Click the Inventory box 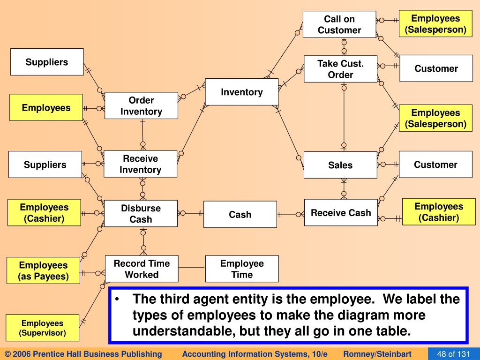point(241,92)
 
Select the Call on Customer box point(339,24)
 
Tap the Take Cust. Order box point(340,69)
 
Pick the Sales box point(340,165)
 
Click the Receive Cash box point(340,213)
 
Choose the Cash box point(240,215)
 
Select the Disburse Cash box point(141,214)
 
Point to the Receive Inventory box point(140,164)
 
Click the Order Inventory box point(141,105)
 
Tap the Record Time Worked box point(142,269)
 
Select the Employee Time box point(242,269)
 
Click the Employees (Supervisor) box point(42,328)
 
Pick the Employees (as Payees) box point(43,271)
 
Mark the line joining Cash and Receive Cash point(291,214)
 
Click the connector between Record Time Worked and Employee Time point(192,268)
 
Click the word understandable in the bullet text point(183,331)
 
